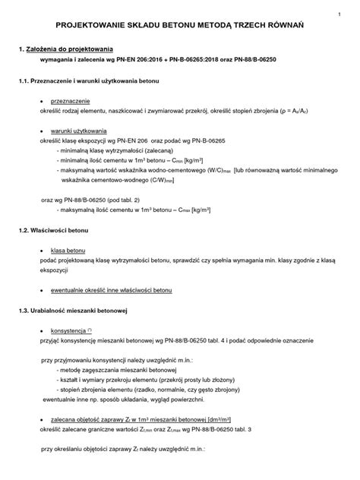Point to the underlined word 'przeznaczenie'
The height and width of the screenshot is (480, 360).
(x=71, y=100)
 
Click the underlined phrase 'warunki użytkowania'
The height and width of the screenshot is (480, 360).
(x=79, y=131)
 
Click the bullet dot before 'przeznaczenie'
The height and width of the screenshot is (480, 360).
(x=41, y=101)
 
